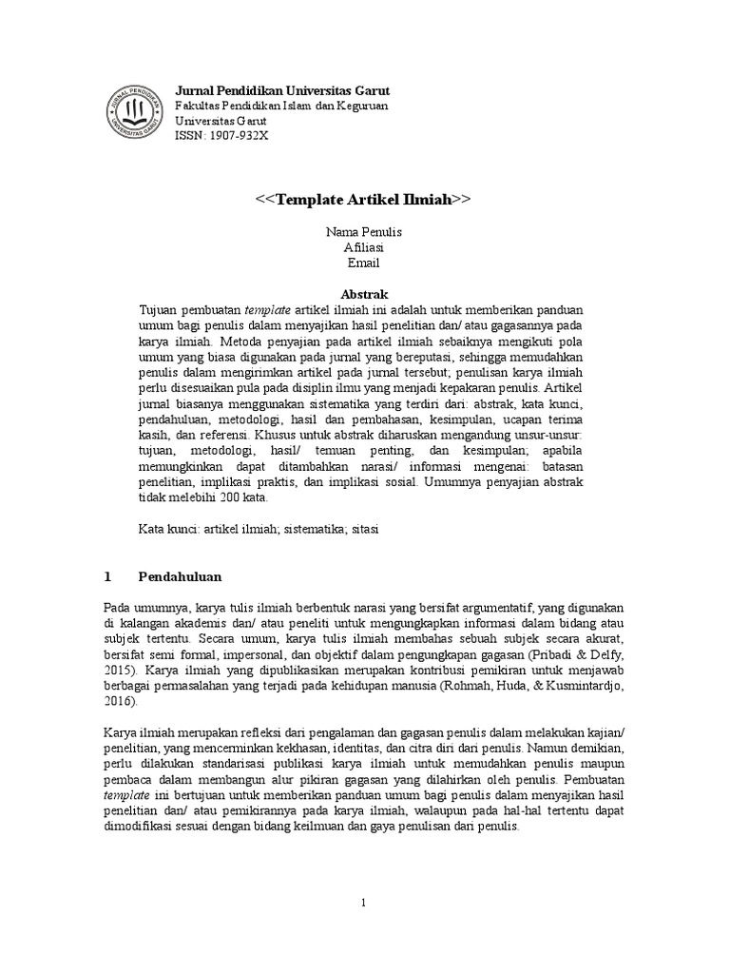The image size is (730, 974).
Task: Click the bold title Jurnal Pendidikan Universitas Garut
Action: pos(282,90)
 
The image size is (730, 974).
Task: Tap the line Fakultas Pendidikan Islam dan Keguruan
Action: pos(281,107)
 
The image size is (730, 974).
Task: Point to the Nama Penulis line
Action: pos(364,231)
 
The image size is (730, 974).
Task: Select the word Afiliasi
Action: pos(364,247)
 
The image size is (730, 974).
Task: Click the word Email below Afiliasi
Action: pos(364,263)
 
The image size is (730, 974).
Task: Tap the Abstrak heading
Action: pos(364,294)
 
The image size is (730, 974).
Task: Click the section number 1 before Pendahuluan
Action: pos(107,576)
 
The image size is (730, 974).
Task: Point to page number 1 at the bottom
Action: pos(364,903)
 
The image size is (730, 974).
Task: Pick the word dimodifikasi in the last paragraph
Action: pos(139,828)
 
